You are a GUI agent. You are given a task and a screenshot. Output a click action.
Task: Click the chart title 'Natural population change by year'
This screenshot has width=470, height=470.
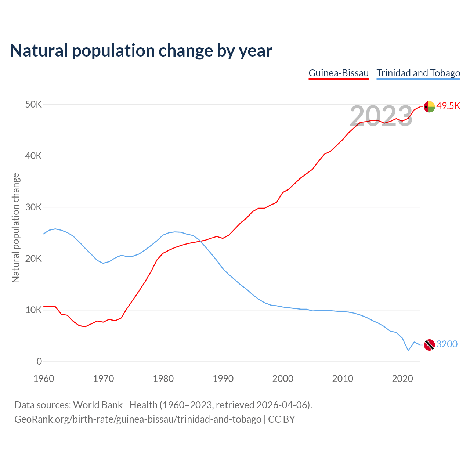point(141,51)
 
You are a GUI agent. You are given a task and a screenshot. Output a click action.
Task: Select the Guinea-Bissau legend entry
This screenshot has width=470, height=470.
point(339,73)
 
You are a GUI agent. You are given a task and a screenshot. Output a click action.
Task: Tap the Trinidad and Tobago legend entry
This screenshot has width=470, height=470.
point(418,73)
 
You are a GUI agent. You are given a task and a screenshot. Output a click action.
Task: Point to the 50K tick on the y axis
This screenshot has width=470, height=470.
point(34,105)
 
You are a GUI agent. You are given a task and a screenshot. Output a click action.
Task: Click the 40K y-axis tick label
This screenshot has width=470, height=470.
point(34,156)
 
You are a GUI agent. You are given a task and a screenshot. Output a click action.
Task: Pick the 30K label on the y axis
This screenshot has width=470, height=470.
point(34,207)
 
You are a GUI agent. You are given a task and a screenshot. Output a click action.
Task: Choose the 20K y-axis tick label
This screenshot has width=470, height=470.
point(34,259)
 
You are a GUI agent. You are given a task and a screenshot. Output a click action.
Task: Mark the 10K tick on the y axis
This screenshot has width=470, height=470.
point(34,310)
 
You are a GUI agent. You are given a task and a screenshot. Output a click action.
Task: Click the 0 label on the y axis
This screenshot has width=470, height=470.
point(39,362)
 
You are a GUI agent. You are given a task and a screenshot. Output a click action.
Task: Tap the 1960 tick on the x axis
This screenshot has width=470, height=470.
point(44,379)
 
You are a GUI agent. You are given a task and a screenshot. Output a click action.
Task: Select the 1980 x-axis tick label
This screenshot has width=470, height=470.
point(163,379)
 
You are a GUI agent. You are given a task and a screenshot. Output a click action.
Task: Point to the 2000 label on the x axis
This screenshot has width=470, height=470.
point(283,379)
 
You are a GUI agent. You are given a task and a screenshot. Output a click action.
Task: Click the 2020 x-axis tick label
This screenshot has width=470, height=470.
point(402,379)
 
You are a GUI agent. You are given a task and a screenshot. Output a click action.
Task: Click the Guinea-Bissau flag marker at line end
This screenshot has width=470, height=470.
point(429,106)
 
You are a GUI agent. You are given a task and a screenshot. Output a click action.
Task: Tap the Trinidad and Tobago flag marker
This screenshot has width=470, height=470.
point(429,345)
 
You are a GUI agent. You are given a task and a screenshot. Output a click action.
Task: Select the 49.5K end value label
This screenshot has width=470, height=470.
point(448,106)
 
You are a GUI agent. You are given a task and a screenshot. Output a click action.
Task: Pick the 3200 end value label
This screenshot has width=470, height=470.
point(447,344)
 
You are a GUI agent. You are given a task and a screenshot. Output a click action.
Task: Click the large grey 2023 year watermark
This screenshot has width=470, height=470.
point(381,116)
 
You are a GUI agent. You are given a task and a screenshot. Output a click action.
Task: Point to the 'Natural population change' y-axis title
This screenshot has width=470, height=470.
point(16,228)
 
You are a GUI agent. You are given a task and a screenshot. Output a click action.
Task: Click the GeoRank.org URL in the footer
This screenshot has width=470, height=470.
point(138,419)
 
